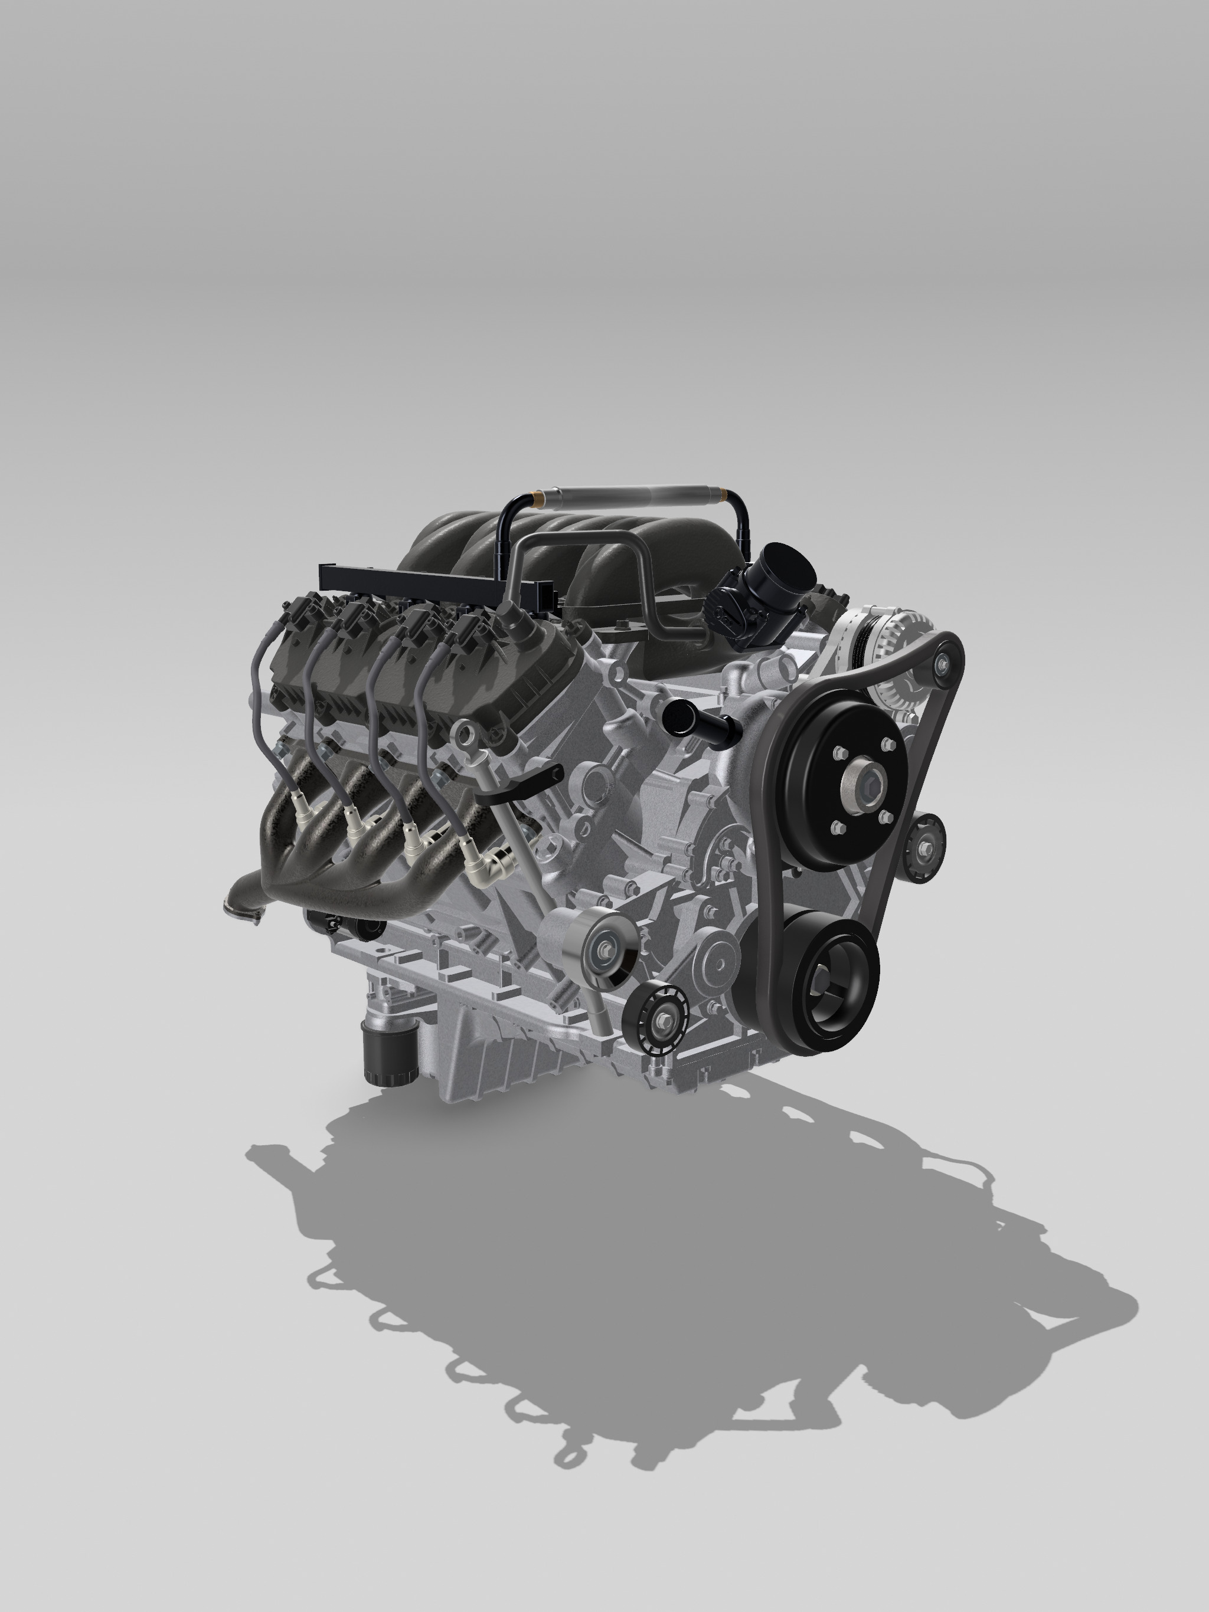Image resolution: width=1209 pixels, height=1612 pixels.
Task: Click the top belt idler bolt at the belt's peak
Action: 943,663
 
